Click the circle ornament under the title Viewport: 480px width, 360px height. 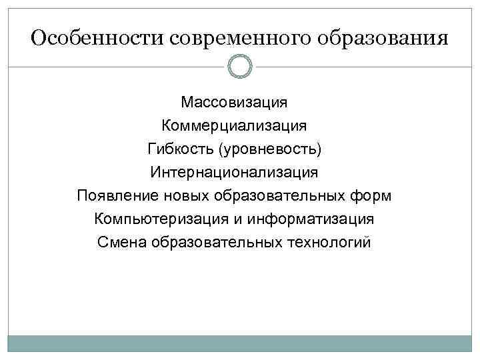coord(239,67)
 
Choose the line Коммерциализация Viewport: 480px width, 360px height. coord(234,125)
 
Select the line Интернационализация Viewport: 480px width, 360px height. coord(234,172)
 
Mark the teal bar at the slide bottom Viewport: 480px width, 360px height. coord(239,343)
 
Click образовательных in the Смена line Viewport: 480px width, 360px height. coord(217,242)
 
